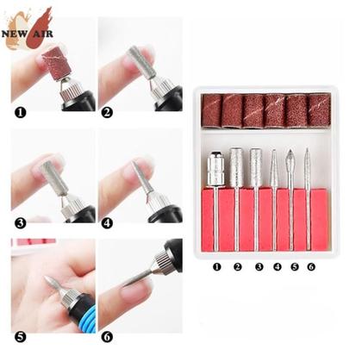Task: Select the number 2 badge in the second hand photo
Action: click(x=106, y=112)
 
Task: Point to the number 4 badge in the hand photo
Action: click(x=106, y=222)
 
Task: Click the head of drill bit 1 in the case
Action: click(x=215, y=167)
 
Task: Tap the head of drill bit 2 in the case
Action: click(x=236, y=163)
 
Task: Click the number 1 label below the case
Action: click(x=216, y=266)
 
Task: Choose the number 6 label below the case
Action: click(x=310, y=266)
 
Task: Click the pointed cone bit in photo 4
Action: click(x=140, y=177)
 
